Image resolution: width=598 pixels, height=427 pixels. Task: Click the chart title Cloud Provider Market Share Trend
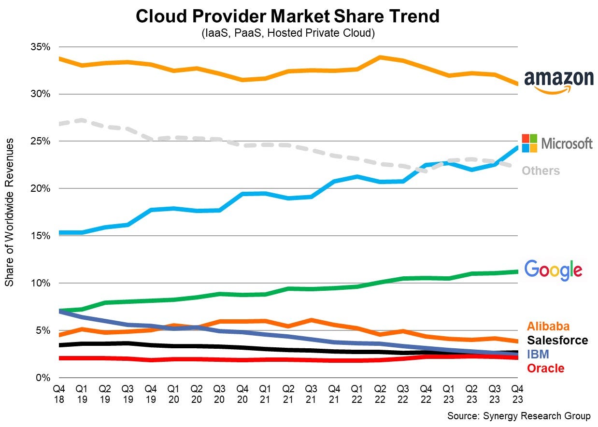[287, 16]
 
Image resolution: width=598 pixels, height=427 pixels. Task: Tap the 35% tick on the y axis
[41, 47]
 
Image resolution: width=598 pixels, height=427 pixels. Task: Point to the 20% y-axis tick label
[41, 188]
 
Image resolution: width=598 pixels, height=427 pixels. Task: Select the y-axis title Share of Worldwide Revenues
[10, 212]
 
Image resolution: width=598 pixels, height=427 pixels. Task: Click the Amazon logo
[559, 81]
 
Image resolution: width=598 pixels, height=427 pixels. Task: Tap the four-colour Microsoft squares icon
[529, 143]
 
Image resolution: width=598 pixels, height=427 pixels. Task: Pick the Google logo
[553, 270]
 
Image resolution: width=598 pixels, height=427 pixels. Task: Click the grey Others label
[541, 171]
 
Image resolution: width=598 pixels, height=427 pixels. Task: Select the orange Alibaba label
[548, 326]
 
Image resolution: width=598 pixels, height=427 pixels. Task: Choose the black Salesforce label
[557, 340]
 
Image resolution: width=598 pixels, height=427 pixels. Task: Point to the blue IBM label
[538, 354]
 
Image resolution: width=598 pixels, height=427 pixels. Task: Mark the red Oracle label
[545, 369]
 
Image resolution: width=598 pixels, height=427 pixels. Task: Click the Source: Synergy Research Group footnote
[519, 416]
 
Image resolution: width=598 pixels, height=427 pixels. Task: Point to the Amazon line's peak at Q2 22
[380, 57]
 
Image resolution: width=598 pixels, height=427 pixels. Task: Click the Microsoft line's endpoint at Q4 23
[517, 148]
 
